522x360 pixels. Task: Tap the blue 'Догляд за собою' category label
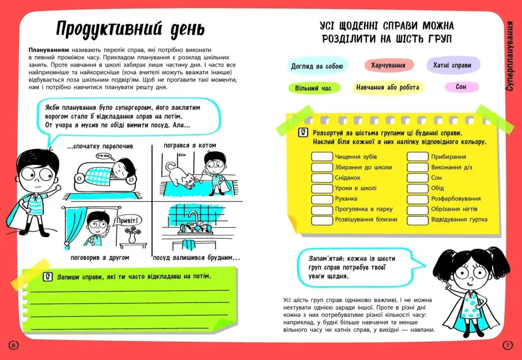[317, 66]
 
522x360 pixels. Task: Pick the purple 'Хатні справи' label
[452, 65]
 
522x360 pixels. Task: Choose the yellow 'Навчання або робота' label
[387, 88]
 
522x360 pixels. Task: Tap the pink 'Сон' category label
[460, 87]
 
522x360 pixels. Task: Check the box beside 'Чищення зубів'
[321, 157]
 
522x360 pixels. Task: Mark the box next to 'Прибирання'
[417, 157]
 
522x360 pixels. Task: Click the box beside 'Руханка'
[321, 199]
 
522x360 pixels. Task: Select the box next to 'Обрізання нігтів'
[417, 209]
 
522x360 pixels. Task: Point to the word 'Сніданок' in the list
[347, 178]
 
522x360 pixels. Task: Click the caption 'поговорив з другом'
[100, 258]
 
